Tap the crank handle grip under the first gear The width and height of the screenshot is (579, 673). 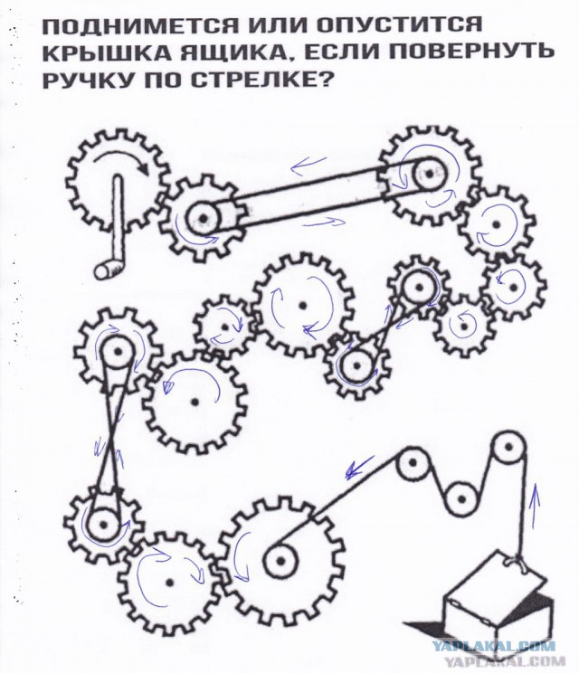coord(114,268)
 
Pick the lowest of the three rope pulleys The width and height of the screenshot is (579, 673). coord(461,497)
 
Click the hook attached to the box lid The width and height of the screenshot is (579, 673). coord(516,562)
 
